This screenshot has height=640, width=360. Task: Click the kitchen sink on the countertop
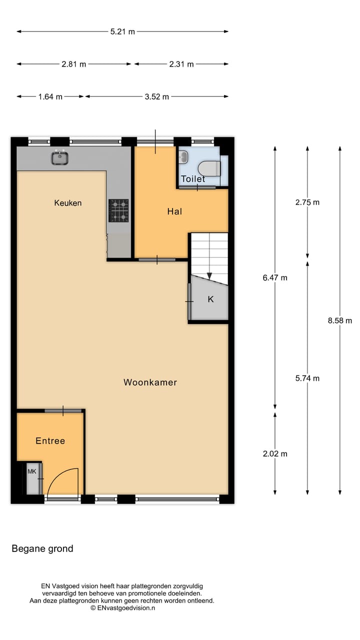(x=59, y=158)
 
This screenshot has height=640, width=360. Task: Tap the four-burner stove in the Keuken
(x=118, y=210)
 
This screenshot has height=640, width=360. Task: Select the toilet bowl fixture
(x=209, y=168)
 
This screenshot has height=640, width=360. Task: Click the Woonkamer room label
(x=150, y=382)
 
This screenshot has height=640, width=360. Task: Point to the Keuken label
(x=67, y=202)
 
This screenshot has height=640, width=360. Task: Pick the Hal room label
(x=174, y=211)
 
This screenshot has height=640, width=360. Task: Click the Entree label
(x=50, y=440)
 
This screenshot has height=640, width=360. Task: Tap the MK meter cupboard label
(x=32, y=471)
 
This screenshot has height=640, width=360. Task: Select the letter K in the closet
(x=210, y=299)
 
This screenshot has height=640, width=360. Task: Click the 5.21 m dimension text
(x=122, y=31)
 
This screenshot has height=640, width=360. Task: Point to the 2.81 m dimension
(x=73, y=64)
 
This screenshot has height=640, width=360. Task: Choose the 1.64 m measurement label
(x=50, y=96)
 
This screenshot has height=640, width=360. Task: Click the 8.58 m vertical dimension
(x=340, y=320)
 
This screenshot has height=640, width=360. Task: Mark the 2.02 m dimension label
(x=275, y=454)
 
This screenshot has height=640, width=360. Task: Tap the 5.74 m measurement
(x=307, y=378)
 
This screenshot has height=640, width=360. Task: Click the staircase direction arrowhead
(x=209, y=276)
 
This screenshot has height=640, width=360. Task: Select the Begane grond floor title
(x=42, y=548)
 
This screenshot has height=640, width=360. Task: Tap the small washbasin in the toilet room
(x=183, y=157)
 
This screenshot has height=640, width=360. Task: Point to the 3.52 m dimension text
(x=156, y=96)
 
